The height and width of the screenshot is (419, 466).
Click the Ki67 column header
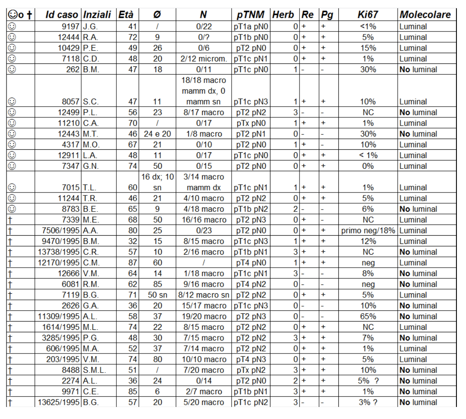pyautogui.click(x=367, y=15)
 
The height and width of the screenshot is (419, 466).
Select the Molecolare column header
pyautogui.click(x=425, y=15)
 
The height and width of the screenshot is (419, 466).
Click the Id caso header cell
pyautogui.click(x=62, y=15)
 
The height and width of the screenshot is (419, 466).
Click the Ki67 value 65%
pyautogui.click(x=367, y=317)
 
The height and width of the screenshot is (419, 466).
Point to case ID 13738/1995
pyautogui.click(x=58, y=252)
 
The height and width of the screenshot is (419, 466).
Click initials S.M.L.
pyautogui.click(x=94, y=370)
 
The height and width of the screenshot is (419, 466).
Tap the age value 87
pyautogui.click(x=132, y=263)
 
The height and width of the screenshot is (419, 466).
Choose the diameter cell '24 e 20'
pyautogui.click(x=157, y=134)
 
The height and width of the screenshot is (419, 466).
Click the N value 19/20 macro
pyautogui.click(x=203, y=317)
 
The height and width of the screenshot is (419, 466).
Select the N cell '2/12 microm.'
pyautogui.click(x=203, y=59)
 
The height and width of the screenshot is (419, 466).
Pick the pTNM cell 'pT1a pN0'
pyautogui.click(x=250, y=27)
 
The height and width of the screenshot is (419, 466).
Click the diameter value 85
pyautogui.click(x=157, y=285)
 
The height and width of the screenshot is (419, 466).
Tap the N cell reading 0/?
pyautogui.click(x=203, y=37)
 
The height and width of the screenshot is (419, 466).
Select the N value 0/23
pyautogui.click(x=203, y=231)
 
